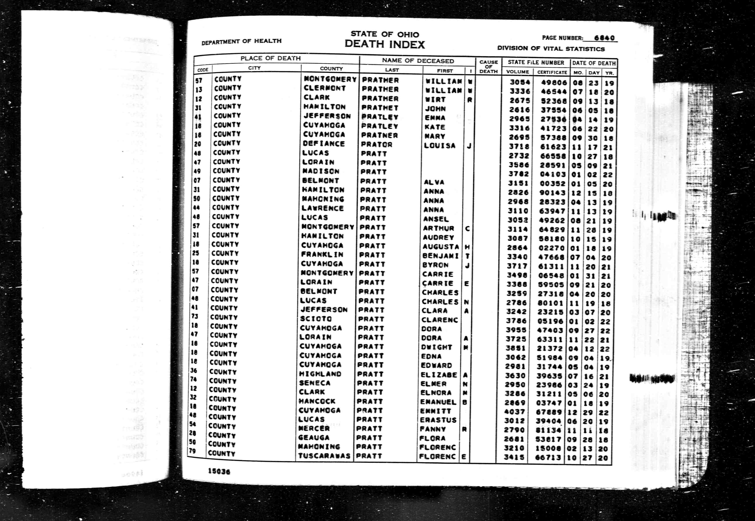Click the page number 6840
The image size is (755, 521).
[604, 38]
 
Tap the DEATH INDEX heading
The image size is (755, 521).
[385, 44]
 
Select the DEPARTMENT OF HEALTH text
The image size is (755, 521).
[241, 42]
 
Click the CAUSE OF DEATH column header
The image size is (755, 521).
[488, 67]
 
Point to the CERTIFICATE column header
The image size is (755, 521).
[552, 72]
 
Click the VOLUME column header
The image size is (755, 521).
[518, 72]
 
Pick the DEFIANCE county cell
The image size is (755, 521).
[324, 144]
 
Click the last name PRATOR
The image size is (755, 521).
[377, 144]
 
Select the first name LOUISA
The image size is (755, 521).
[440, 145]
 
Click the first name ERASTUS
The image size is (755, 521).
[438, 420]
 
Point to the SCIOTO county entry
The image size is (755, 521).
[316, 319]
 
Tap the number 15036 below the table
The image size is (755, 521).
[219, 471]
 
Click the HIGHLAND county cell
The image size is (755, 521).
[320, 374]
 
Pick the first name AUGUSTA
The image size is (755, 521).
[440, 247]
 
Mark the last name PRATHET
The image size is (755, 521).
[380, 107]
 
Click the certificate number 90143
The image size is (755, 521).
[551, 193]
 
